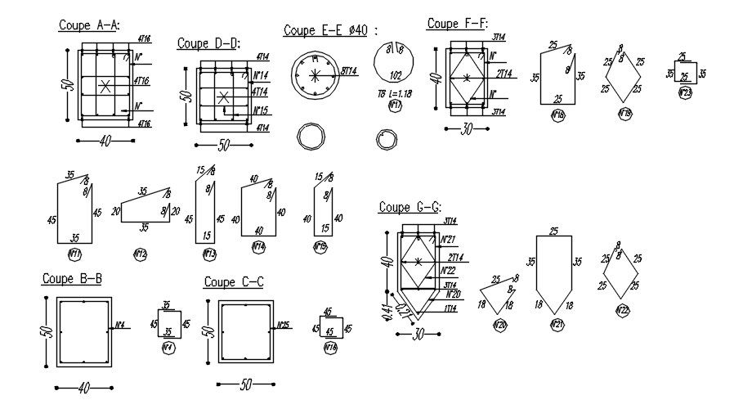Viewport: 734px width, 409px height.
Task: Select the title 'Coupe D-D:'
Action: pyautogui.click(x=208, y=43)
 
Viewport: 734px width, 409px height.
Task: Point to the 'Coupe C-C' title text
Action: pyautogui.click(x=233, y=283)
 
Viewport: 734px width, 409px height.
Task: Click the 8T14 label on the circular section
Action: pyautogui.click(x=349, y=72)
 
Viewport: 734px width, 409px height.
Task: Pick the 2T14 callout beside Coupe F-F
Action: pyautogui.click(x=504, y=74)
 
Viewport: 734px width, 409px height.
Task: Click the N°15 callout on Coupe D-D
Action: pyautogui.click(x=262, y=110)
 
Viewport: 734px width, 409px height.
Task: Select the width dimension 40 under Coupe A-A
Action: pyautogui.click(x=105, y=142)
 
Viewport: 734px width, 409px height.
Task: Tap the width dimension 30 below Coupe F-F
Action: pyautogui.click(x=467, y=128)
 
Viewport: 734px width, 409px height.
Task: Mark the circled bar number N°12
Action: pyautogui.click(x=140, y=254)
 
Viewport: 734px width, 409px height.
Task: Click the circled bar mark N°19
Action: pyautogui.click(x=624, y=113)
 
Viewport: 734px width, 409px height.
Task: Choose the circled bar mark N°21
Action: pyautogui.click(x=557, y=326)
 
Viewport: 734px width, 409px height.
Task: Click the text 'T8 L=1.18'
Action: pyautogui.click(x=395, y=94)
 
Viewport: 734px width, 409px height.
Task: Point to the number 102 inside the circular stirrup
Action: pyautogui.click(x=396, y=74)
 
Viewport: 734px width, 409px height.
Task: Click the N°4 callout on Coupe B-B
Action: pyautogui.click(x=120, y=325)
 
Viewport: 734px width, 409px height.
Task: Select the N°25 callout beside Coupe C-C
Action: pyautogui.click(x=284, y=325)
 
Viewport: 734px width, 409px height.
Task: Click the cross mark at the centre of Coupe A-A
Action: pyautogui.click(x=104, y=86)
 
